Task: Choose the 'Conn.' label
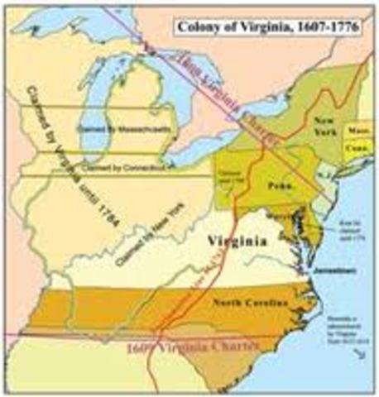click(x=355, y=151)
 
